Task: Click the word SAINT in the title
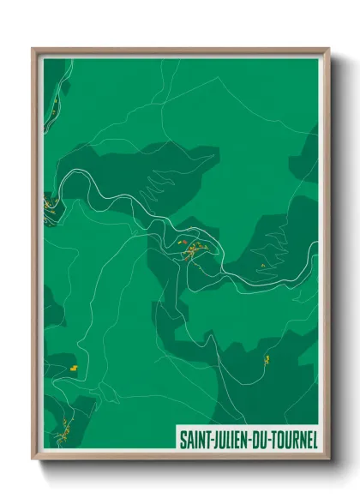point(193,440)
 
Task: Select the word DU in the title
point(257,440)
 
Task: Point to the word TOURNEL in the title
point(291,440)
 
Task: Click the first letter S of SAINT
point(183,440)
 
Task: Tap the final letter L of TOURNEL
point(314,440)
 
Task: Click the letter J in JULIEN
point(212,440)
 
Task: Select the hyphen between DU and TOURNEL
point(266,441)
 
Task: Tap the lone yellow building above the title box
point(267,358)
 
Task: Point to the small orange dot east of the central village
point(262,266)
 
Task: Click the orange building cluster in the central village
point(195,249)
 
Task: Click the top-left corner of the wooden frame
point(33,49)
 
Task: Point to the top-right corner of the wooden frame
point(329,49)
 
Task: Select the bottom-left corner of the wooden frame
point(33,460)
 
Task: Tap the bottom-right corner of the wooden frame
point(329,460)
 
